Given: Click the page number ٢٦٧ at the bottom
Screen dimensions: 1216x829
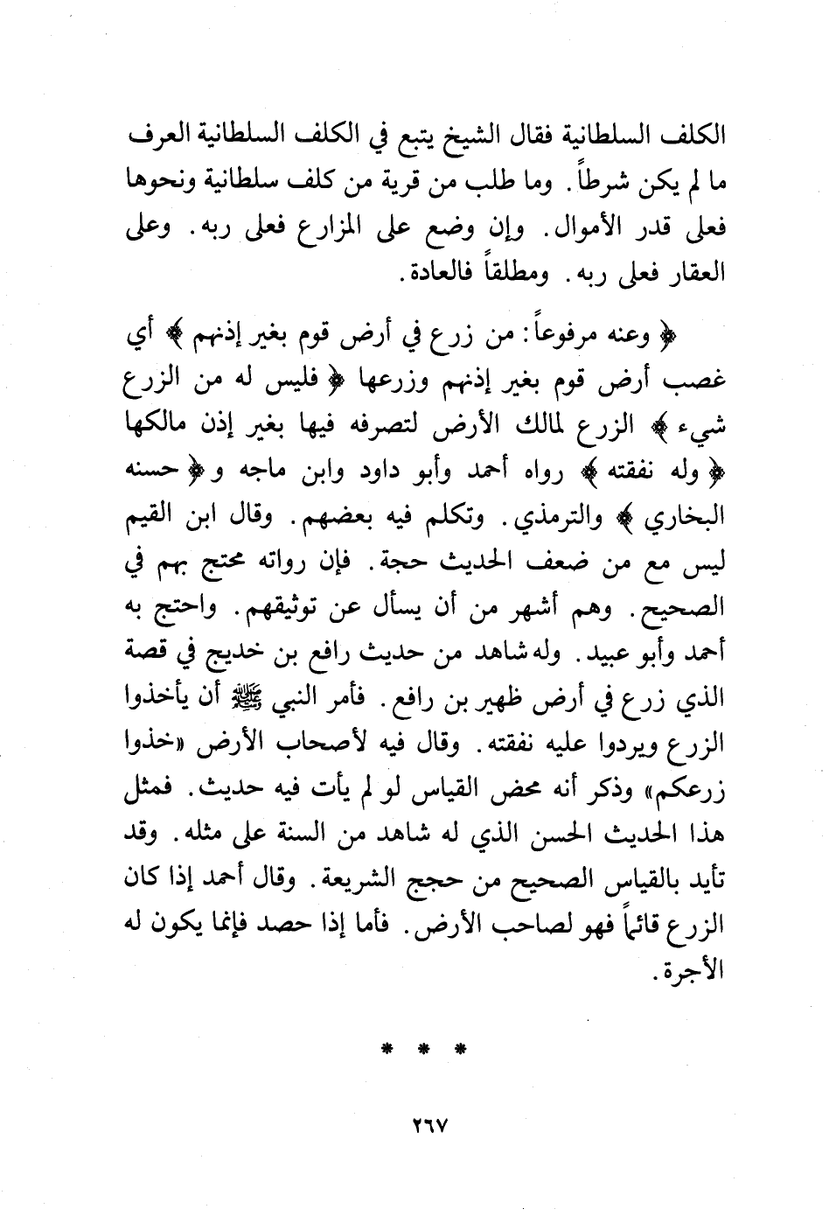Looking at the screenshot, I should pyautogui.click(x=427, y=1124).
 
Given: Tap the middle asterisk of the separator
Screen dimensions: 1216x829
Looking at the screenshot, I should pyautogui.click(x=425, y=1048).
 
